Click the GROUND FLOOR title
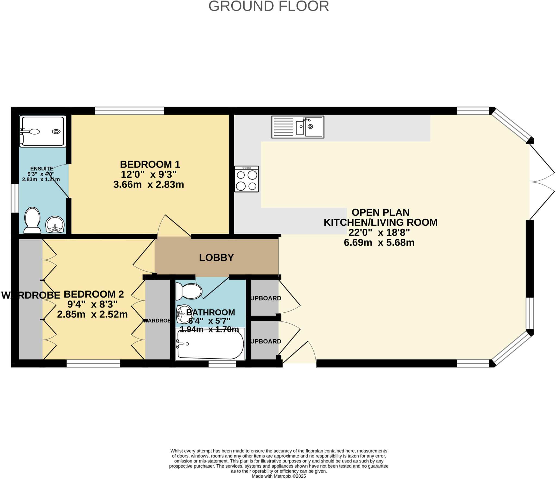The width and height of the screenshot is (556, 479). pyautogui.click(x=268, y=6)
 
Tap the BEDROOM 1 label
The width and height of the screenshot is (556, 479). pyautogui.click(x=150, y=164)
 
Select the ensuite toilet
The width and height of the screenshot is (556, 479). pyautogui.click(x=32, y=220)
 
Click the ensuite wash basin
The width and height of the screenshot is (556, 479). pyautogui.click(x=55, y=225)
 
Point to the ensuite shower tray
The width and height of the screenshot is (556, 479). pyautogui.click(x=43, y=132)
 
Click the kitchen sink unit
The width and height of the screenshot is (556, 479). pyautogui.click(x=298, y=127)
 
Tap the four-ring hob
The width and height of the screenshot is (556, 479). pyautogui.click(x=247, y=179)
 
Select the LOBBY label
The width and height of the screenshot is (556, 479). pyautogui.click(x=216, y=257)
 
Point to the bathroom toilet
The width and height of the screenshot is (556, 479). pyautogui.click(x=189, y=291)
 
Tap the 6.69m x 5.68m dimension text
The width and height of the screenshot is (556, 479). pyautogui.click(x=379, y=242)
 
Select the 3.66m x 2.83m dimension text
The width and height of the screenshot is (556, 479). pyautogui.click(x=149, y=185)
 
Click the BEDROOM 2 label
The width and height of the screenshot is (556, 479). pyautogui.click(x=94, y=294)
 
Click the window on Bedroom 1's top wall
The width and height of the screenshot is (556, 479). pyautogui.click(x=129, y=111)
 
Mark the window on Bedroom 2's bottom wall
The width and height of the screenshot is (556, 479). pyautogui.click(x=93, y=363)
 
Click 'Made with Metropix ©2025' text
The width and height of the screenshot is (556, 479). pyautogui.click(x=279, y=476)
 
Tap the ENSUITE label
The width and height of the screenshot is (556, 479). pyautogui.click(x=42, y=169)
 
